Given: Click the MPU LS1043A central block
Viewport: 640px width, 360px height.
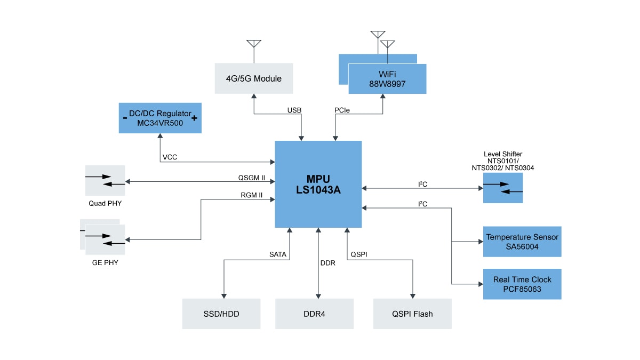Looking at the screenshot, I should coord(318,184).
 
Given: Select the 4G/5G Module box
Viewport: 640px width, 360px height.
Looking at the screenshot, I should coord(253,78).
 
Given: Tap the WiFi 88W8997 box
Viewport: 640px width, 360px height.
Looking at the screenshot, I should coord(387,79).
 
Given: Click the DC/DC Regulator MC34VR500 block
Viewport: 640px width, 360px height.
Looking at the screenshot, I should coord(159,118).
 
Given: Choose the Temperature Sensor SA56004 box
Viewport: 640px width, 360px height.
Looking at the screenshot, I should coord(522,242).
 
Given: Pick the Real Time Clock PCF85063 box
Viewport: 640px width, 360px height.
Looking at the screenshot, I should coord(522,284).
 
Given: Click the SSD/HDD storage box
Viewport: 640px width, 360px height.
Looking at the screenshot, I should coord(221,314).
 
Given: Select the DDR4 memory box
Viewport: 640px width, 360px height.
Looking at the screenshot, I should coord(314,314).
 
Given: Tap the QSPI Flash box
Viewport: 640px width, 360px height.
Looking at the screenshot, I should coord(412,314).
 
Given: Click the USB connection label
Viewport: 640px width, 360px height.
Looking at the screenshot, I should coord(294,110).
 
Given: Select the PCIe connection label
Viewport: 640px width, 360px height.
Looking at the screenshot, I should coord(342,110).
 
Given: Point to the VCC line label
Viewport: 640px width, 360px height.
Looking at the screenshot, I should coord(170,157).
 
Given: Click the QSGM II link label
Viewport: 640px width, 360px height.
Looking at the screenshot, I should coord(252,178).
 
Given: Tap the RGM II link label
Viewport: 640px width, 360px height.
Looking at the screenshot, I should coord(252,195).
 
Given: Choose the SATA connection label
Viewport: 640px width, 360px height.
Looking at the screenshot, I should coord(278,255).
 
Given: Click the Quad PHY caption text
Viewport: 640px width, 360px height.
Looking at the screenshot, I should coord(105,203).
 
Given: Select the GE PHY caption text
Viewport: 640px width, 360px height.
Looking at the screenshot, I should coord(105,262).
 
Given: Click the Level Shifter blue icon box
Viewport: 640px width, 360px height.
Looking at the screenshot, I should coord(503,188).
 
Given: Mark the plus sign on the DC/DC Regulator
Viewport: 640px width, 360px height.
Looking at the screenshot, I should coord(194,118).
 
